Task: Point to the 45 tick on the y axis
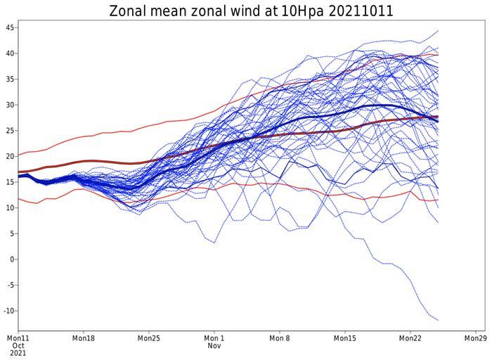[9, 28]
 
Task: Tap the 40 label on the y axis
[9, 53]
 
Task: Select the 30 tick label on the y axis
[9, 105]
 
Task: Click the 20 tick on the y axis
[9, 156]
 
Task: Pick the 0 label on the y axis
[11, 259]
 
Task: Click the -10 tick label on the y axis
[8, 311]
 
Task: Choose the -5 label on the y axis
[9, 285]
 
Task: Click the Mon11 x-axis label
[18, 338]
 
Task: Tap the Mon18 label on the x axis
[84, 338]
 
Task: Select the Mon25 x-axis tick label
[149, 338]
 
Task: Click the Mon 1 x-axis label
[214, 338]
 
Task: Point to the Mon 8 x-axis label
[280, 338]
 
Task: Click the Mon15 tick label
[345, 338]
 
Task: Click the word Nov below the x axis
[214, 347]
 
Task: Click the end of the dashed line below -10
[439, 321]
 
